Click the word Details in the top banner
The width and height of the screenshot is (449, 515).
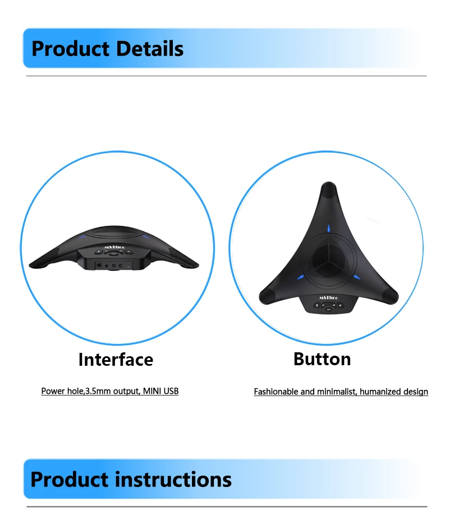150,49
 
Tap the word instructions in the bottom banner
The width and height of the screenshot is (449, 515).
173,479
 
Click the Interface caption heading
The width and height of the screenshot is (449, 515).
116,359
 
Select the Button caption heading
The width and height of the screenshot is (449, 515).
322,358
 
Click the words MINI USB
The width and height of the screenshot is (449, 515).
161,391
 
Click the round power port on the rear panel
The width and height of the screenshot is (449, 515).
99,265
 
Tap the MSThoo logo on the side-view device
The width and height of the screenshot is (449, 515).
114,247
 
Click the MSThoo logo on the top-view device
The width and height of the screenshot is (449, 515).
329,297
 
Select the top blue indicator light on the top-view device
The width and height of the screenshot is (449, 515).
328,228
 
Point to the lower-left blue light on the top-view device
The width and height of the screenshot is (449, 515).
300,278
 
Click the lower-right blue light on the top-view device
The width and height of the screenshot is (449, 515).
357,278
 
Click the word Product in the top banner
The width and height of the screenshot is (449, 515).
70,49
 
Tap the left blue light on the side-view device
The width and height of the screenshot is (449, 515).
82,237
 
